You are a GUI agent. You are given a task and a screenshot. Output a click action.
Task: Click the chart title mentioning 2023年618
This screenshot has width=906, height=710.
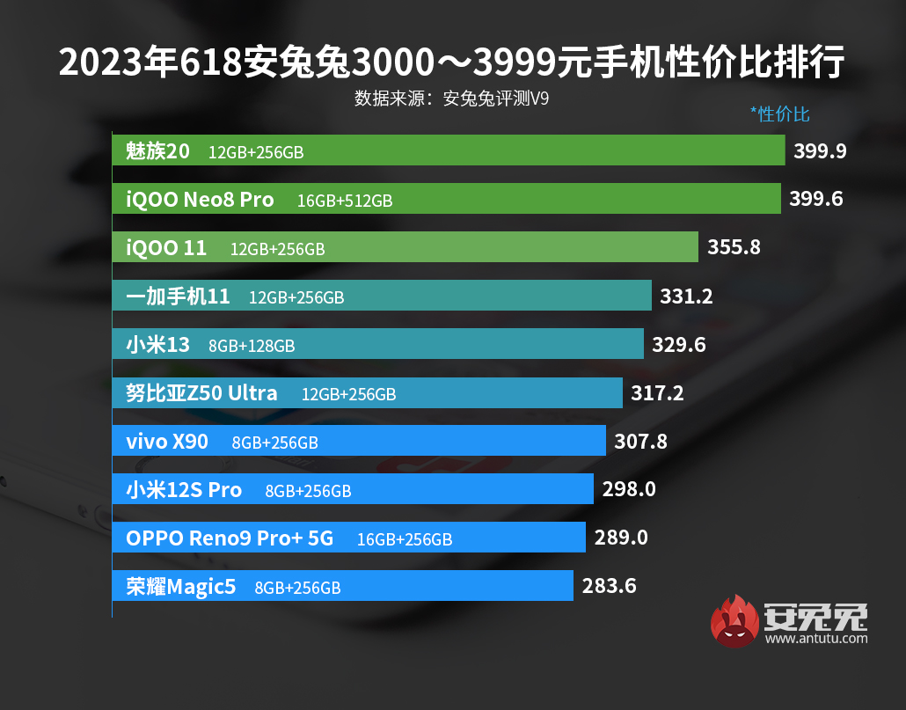click(x=452, y=63)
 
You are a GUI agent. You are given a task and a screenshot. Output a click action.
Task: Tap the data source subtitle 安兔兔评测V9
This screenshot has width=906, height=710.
click(x=452, y=99)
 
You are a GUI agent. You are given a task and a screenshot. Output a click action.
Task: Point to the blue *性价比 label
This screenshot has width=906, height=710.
click(x=779, y=114)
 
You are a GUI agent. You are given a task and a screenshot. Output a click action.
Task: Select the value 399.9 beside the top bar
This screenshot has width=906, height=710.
click(x=820, y=151)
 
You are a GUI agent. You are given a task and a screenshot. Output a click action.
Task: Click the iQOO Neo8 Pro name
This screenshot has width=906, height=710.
click(x=200, y=200)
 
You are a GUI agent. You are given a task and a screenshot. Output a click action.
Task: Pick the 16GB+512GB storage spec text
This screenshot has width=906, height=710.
click(x=345, y=201)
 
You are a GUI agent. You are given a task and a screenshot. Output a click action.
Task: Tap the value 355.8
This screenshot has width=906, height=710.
click(x=734, y=248)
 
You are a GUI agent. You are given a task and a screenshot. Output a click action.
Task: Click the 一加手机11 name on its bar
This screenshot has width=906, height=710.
click(x=178, y=296)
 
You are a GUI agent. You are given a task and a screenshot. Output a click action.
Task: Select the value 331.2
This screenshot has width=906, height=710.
click(x=687, y=296)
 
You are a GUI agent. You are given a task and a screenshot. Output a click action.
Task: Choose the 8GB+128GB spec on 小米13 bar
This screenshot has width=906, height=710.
click(x=252, y=346)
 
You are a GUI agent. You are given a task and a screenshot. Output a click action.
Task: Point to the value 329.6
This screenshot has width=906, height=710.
click(x=679, y=345)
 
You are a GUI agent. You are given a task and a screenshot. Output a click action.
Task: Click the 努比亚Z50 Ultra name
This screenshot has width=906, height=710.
click(x=201, y=393)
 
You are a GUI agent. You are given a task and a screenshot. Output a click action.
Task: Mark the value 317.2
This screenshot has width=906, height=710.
click(x=657, y=393)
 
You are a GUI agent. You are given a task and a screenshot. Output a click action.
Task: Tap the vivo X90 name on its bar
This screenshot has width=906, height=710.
click(x=167, y=442)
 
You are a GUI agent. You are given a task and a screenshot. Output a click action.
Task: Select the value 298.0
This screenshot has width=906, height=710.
click(x=629, y=489)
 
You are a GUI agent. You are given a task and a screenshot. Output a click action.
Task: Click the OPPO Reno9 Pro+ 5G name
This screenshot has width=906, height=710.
click(x=230, y=538)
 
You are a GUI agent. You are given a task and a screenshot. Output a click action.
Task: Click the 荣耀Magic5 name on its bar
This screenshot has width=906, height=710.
click(x=181, y=587)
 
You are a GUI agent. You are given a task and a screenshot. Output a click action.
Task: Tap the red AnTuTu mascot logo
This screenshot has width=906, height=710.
click(x=734, y=620)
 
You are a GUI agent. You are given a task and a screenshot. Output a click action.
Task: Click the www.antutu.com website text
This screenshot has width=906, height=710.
click(x=816, y=639)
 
